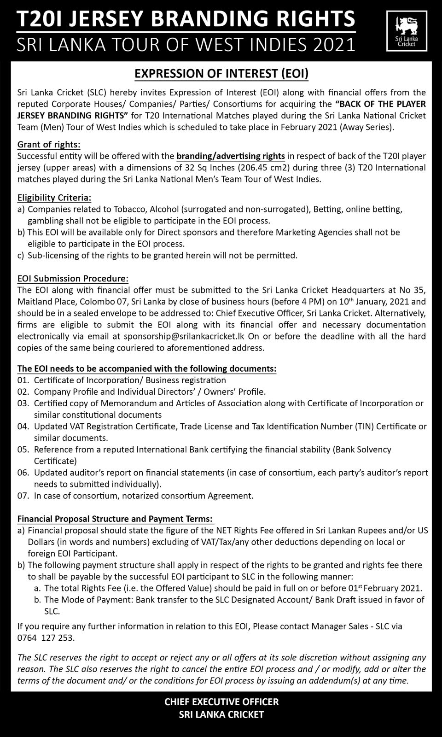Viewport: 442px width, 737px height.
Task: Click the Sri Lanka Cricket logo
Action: [407, 31]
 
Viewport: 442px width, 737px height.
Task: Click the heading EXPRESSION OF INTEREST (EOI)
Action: [221, 73]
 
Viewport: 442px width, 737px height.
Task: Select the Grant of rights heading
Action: [49, 145]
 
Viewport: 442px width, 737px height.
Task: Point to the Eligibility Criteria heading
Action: [54, 198]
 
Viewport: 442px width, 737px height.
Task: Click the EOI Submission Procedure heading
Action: [73, 279]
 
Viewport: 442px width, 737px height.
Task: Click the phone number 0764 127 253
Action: [46, 638]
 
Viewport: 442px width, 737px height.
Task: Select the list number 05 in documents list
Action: [23, 450]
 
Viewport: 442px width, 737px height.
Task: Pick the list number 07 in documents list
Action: [23, 496]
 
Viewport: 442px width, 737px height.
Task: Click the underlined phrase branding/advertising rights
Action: [231, 156]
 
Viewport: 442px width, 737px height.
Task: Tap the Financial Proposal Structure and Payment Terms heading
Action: [115, 519]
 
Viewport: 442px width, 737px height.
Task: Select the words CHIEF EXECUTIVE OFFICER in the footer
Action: [221, 702]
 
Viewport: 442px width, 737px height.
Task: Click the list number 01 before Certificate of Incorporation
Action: [23, 380]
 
